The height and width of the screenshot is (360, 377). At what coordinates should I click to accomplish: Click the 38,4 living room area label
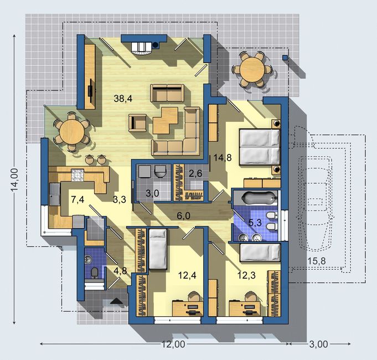(x=123, y=99)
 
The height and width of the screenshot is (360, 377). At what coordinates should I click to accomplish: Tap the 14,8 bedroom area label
(x=223, y=158)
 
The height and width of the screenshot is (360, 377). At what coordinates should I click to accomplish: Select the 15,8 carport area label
(x=317, y=261)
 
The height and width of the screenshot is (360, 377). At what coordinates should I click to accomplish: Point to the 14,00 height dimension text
(x=14, y=179)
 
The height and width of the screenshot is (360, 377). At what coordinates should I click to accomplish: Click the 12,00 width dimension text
(x=173, y=344)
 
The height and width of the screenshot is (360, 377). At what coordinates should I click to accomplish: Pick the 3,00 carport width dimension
(x=318, y=344)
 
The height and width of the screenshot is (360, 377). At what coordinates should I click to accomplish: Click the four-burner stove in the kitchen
(x=78, y=175)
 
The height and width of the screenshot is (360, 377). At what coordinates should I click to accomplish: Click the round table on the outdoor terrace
(x=252, y=70)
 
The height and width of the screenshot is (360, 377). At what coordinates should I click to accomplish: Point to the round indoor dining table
(x=72, y=132)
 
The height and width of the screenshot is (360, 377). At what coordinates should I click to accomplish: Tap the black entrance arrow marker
(x=116, y=301)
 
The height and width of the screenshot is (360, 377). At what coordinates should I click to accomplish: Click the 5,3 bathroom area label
(x=255, y=223)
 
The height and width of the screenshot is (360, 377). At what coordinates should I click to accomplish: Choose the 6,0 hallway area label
(x=183, y=216)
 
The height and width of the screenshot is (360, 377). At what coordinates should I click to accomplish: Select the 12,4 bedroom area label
(x=187, y=275)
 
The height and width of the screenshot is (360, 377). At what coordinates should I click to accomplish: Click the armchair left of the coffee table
(x=137, y=122)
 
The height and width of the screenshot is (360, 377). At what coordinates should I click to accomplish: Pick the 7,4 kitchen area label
(x=78, y=199)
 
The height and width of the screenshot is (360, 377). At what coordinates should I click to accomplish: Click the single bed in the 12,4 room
(x=158, y=249)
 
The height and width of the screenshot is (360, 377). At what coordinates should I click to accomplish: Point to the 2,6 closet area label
(x=195, y=173)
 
